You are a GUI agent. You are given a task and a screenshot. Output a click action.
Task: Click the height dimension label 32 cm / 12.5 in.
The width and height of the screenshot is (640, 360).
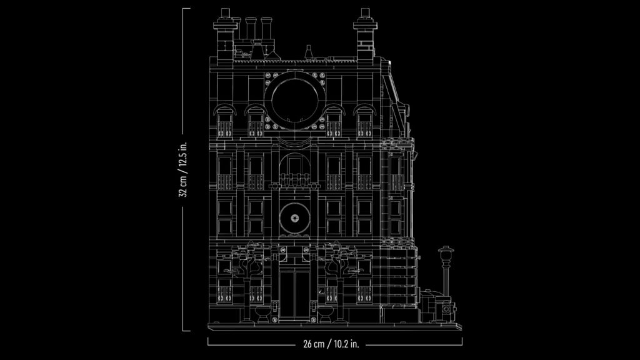point(184,169)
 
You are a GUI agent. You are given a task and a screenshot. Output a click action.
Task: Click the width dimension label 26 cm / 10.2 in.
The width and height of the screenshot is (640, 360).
point(331,344)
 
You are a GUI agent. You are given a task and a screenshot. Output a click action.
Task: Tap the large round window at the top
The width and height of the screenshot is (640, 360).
point(295,100)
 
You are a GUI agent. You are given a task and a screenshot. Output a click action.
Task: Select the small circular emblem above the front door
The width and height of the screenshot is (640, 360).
point(295,218)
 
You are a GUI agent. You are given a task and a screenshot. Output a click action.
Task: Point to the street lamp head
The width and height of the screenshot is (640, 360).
point(446,252)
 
